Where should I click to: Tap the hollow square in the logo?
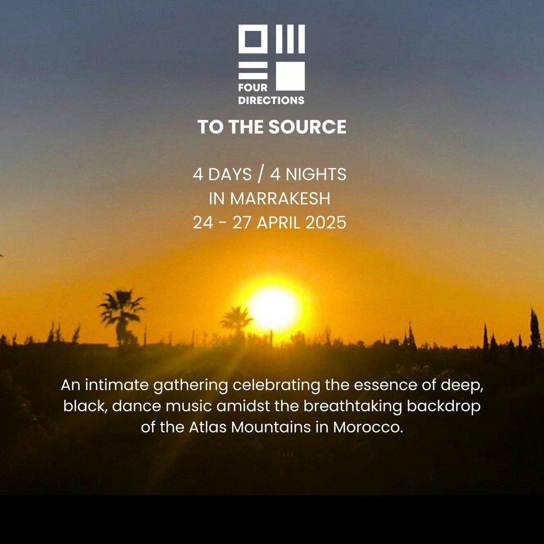tap(253, 39)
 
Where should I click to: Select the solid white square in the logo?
tap(290, 76)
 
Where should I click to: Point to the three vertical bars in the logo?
tap(290, 39)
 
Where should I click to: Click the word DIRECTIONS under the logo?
tap(271, 100)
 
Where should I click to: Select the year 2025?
tap(326, 223)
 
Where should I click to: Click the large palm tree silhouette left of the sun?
tap(121, 311)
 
